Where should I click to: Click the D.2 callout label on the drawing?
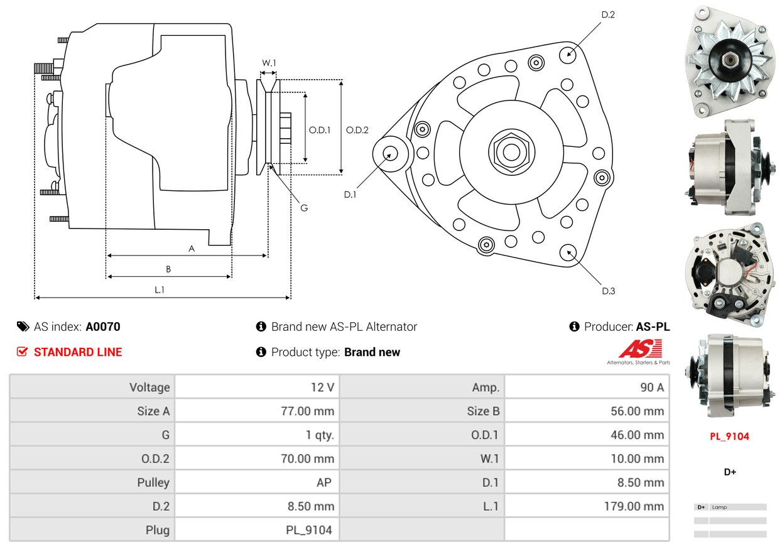point(607,14)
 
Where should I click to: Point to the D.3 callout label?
point(608,291)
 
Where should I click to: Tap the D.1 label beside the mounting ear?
point(350,195)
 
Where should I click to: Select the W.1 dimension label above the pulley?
point(269,63)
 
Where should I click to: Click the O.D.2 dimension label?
point(357,130)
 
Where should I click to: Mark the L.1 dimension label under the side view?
point(160,289)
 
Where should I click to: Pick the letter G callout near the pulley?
point(304,207)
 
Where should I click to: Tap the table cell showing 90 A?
point(651,387)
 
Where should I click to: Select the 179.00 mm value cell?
point(637,506)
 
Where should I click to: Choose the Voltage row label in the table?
point(149,387)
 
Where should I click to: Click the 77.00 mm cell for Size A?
point(307,411)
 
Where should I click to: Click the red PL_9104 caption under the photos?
point(729,436)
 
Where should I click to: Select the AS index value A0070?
point(103,326)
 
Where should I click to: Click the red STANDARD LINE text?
point(78,352)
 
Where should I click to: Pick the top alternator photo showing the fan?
point(729,61)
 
